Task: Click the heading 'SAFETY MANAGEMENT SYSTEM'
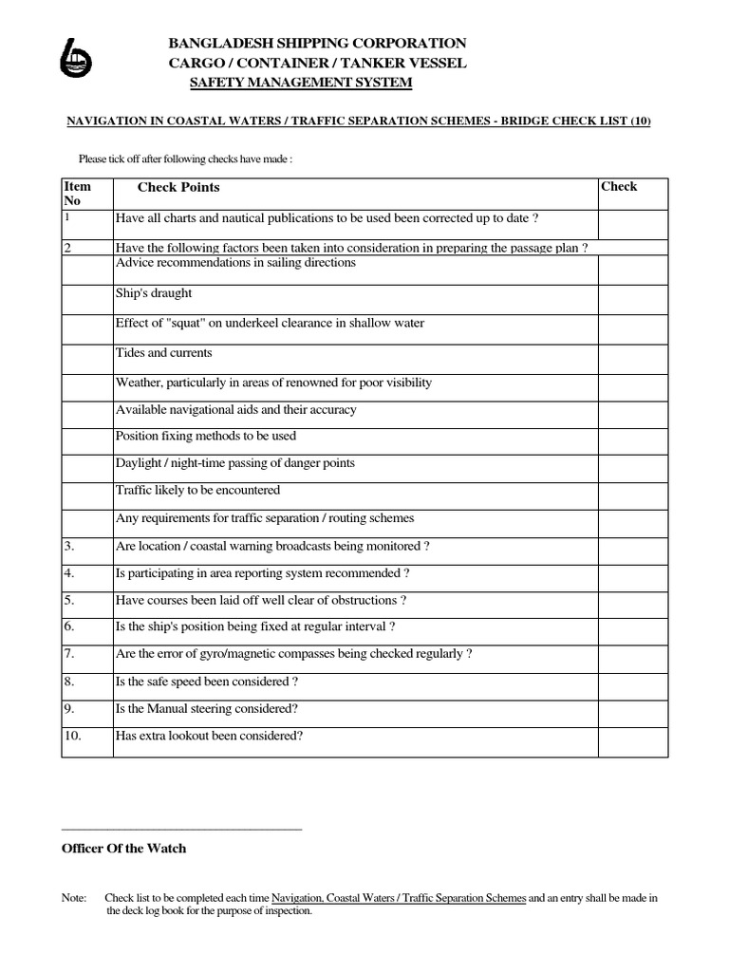coord(302,84)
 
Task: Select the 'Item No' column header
coord(77,194)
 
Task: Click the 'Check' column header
coord(619,187)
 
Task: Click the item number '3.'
coord(69,546)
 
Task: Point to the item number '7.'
coord(69,654)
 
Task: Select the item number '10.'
coord(72,735)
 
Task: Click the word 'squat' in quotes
coord(194,323)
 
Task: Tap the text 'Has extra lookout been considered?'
coord(210,735)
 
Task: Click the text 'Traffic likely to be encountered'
coord(197,491)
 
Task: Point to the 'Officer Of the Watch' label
coord(124,849)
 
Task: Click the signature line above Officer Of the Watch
coord(181,829)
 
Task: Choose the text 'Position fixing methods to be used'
coord(206,436)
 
